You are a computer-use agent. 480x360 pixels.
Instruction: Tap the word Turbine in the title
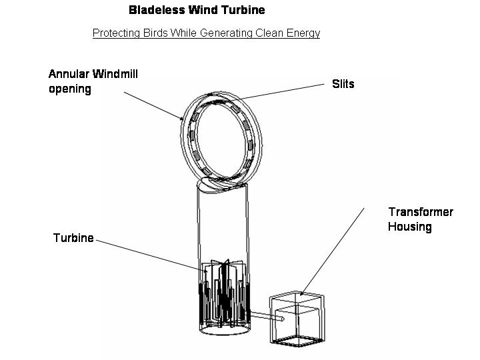pos(243,10)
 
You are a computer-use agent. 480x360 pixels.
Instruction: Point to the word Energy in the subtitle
pos(303,33)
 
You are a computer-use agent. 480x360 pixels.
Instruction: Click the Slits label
pos(343,84)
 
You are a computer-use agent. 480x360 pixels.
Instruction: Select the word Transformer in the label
pos(421,212)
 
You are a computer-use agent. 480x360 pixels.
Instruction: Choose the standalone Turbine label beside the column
pos(73,238)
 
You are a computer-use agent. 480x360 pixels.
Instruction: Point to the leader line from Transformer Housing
pos(333,250)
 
